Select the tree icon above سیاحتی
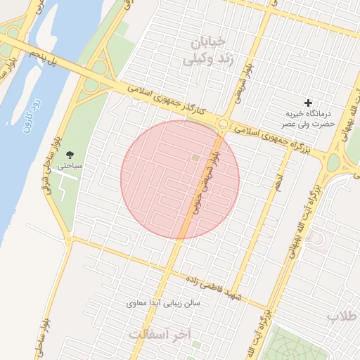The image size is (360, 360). [70, 155]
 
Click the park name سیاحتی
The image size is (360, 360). [70, 167]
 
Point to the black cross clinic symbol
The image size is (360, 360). [308, 103]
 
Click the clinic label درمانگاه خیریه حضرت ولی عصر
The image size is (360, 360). [307, 118]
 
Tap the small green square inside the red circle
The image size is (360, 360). [195, 156]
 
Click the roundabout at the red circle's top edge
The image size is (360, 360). [222, 124]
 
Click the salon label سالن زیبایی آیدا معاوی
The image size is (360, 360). [163, 304]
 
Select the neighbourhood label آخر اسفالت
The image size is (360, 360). [160, 333]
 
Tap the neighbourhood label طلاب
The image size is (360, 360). [343, 317]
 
